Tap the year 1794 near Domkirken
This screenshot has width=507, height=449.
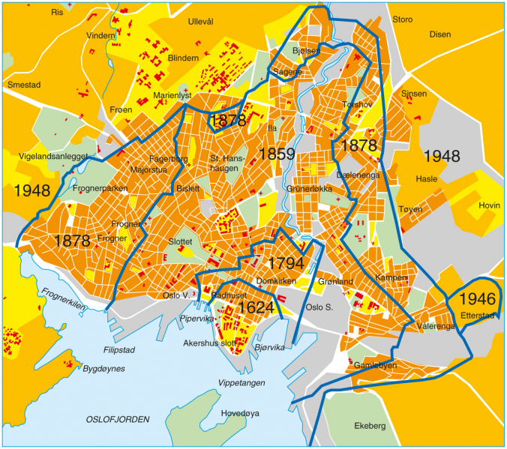(x=284, y=263)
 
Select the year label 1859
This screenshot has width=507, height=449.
(x=277, y=154)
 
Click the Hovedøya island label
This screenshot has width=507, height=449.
(x=241, y=412)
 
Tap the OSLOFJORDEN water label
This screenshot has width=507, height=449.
(x=118, y=418)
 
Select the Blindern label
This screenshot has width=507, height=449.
(x=183, y=58)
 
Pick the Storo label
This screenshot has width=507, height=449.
(x=403, y=18)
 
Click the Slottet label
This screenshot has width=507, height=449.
(x=181, y=243)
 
